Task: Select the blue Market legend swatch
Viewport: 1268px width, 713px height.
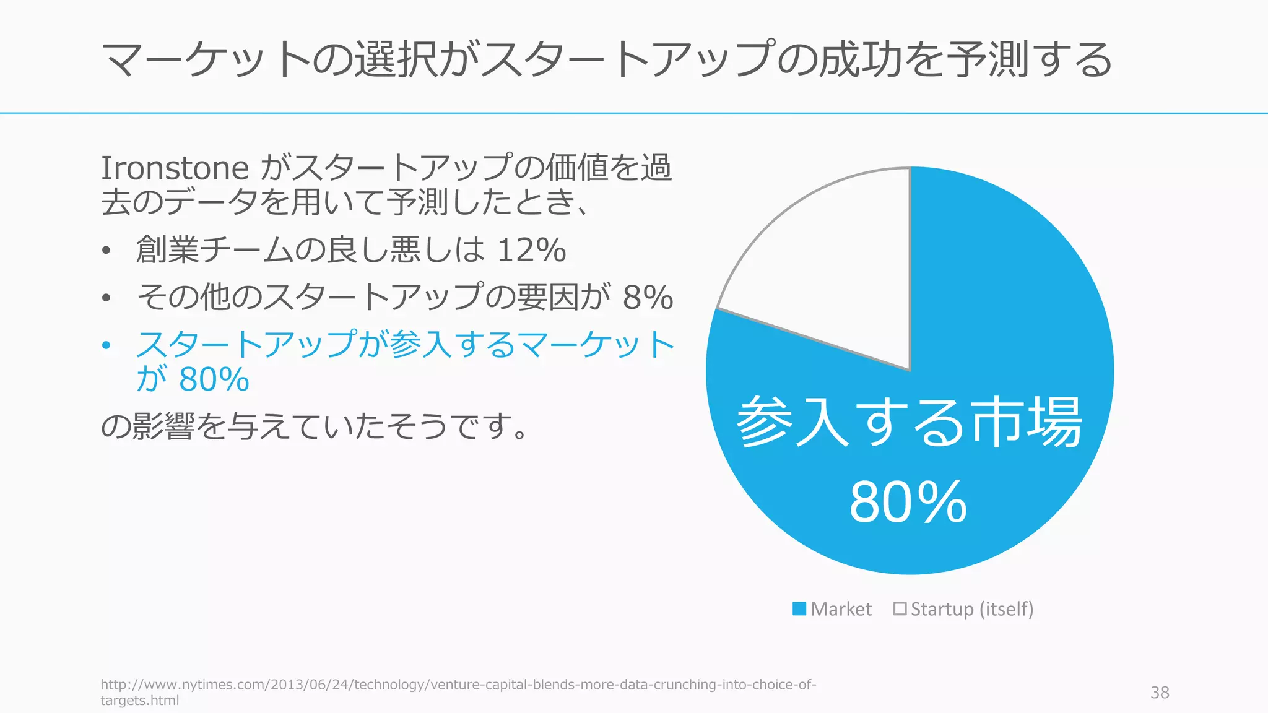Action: click(x=799, y=609)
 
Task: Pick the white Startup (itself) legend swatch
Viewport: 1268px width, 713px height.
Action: click(x=900, y=609)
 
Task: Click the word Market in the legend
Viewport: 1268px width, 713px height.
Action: click(x=841, y=609)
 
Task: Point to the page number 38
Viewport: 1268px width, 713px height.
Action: click(x=1160, y=693)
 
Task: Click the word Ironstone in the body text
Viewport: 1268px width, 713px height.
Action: click(x=175, y=168)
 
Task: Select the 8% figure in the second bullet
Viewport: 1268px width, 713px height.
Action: click(x=648, y=297)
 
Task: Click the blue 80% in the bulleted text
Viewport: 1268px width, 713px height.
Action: click(x=214, y=379)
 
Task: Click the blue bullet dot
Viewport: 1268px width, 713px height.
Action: click(x=106, y=345)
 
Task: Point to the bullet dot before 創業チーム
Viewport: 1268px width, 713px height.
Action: click(x=106, y=251)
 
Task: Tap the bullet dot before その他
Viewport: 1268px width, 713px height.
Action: click(x=106, y=298)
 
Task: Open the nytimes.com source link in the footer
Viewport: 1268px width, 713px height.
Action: click(x=458, y=685)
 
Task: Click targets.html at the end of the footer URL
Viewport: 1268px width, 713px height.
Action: click(x=140, y=701)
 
